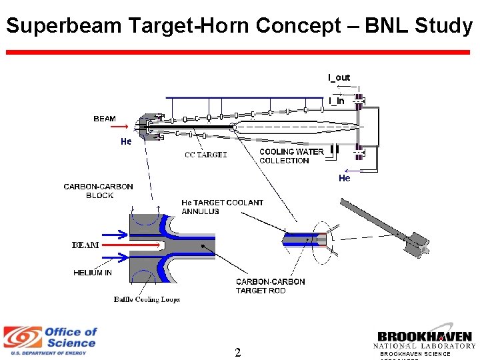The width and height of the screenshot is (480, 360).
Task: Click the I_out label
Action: (x=339, y=77)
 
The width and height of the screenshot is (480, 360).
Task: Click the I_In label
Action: (x=337, y=101)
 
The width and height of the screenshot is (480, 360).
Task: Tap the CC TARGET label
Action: (x=205, y=155)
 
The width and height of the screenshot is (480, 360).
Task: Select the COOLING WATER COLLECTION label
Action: (x=291, y=156)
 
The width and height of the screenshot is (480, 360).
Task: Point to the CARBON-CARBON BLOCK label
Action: (x=99, y=191)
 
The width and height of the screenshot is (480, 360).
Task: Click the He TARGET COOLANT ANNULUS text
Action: (x=222, y=207)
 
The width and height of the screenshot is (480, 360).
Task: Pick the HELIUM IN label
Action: (x=93, y=273)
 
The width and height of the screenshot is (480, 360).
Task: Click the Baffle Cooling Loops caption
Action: (x=147, y=299)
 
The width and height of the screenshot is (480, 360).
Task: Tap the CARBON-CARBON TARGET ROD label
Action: (x=270, y=286)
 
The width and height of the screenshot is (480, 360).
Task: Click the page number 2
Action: (x=237, y=353)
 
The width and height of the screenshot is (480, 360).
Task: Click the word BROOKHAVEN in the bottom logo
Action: (x=425, y=337)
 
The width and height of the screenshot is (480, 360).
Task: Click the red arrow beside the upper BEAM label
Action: (x=120, y=125)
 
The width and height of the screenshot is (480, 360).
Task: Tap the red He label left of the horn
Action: (x=126, y=141)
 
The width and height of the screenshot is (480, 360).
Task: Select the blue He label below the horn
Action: (x=344, y=178)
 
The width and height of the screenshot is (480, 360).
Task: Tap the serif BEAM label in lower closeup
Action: (x=85, y=245)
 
